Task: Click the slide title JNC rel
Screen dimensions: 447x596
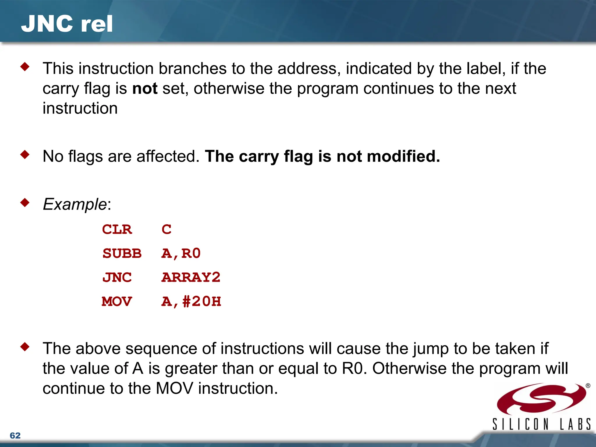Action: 67,24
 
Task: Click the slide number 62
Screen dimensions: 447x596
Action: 15,435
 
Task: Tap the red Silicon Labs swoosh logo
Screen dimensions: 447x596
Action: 541,399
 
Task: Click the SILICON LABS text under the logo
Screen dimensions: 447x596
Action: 541,424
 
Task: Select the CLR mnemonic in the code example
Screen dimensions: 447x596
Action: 117,230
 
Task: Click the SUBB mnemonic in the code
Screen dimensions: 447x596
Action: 122,253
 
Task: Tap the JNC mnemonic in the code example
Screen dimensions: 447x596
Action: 117,277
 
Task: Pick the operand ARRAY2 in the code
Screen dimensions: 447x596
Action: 191,277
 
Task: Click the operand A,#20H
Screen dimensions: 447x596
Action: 191,301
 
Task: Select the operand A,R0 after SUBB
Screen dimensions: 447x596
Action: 181,253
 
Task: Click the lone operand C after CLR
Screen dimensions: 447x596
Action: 166,230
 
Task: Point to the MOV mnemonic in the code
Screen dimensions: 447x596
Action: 117,301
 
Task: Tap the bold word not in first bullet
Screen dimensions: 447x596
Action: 145,88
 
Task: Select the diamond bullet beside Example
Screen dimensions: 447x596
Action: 25,203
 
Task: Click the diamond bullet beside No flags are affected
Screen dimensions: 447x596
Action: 25,155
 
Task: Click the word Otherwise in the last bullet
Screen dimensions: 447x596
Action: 409,368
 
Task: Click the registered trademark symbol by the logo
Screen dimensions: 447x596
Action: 588,386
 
